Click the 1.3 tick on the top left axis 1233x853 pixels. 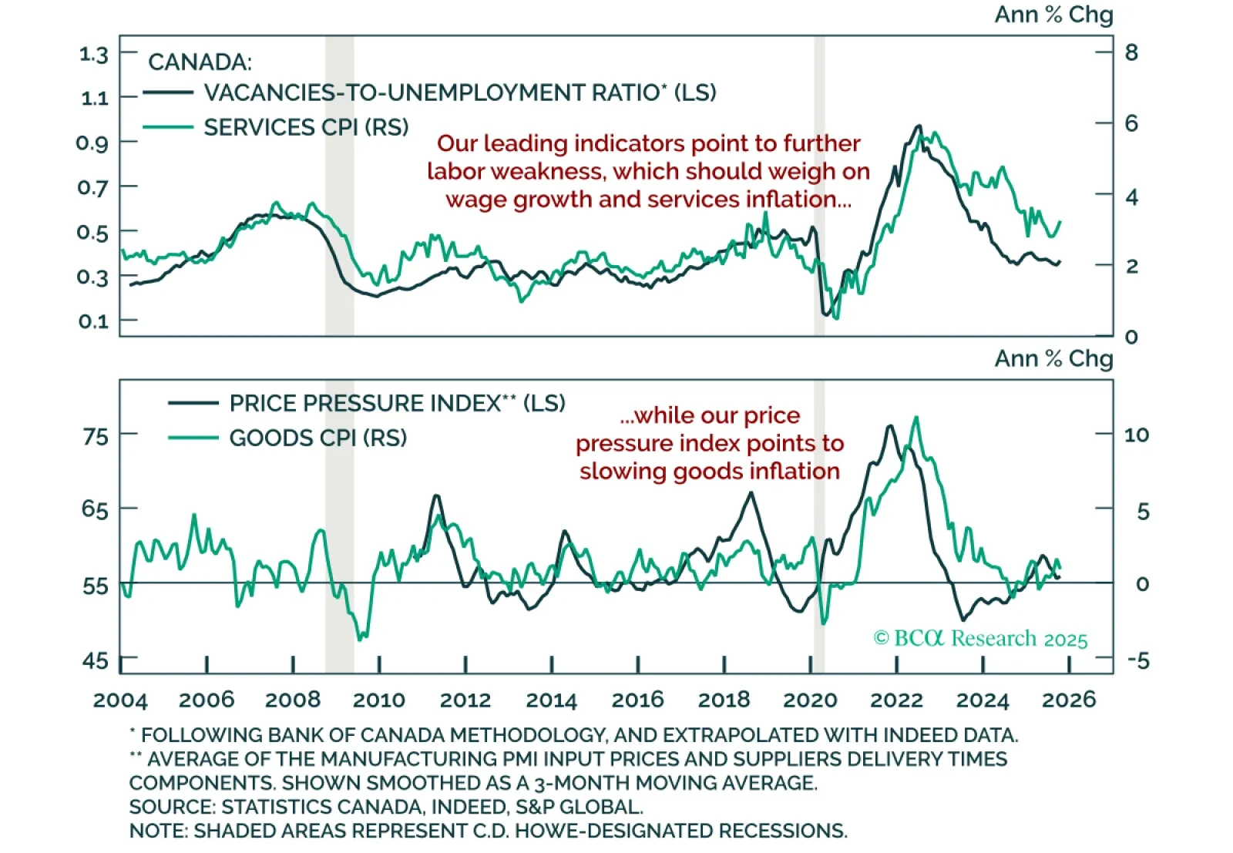point(93,54)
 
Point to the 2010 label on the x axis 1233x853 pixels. point(378,700)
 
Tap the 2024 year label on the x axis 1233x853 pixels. point(983,700)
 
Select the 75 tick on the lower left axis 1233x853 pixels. point(96,436)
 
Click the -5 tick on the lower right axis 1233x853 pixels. point(1137,660)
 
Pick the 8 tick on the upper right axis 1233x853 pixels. point(1131,52)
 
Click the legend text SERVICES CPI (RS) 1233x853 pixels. point(306,127)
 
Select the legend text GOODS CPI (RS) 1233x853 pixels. point(317,438)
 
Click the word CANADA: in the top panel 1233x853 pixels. point(200,62)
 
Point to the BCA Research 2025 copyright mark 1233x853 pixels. point(980,639)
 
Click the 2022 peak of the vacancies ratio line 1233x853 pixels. point(918,126)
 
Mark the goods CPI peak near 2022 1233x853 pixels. point(916,418)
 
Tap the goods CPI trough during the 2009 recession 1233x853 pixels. point(361,638)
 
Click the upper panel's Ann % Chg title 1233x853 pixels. point(1053,15)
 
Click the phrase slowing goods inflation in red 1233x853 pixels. point(709,471)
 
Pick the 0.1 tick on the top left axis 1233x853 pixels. point(93,321)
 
